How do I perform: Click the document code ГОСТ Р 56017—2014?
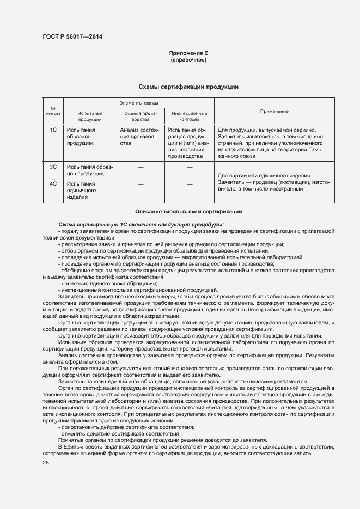(x=72, y=36)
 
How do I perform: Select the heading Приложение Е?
(x=188, y=53)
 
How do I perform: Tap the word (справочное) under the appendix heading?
(x=188, y=59)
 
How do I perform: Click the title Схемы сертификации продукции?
(x=188, y=87)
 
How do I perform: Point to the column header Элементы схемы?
(x=139, y=103)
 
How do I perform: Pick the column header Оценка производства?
(x=141, y=116)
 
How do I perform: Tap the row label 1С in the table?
(x=53, y=130)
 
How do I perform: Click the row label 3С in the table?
(x=53, y=167)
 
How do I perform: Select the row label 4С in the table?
(x=53, y=184)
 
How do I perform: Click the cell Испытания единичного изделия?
(x=81, y=191)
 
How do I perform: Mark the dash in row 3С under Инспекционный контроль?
(x=190, y=167)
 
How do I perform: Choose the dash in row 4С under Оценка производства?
(x=141, y=184)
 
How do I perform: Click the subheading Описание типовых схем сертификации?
(x=188, y=211)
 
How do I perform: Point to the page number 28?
(x=45, y=463)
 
